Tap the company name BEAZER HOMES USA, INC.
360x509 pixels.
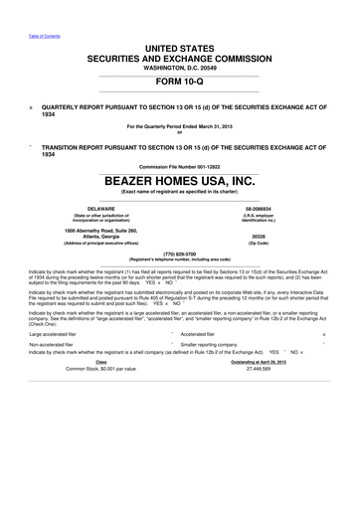tap(179, 180)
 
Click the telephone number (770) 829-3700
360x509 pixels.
tap(179, 254)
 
